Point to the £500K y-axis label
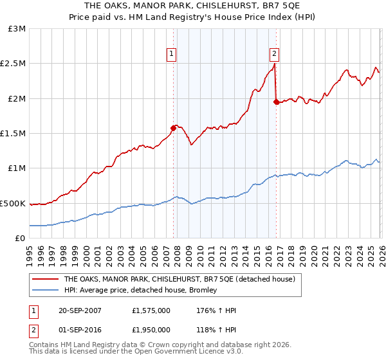[x=14, y=203]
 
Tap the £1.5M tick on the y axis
[x=14, y=134]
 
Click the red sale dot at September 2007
[x=173, y=128]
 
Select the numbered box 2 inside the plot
[x=275, y=54]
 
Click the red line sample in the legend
[x=45, y=280]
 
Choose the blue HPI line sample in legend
[x=45, y=291]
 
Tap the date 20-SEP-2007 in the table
[x=88, y=310]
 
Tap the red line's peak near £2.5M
[x=275, y=64]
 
